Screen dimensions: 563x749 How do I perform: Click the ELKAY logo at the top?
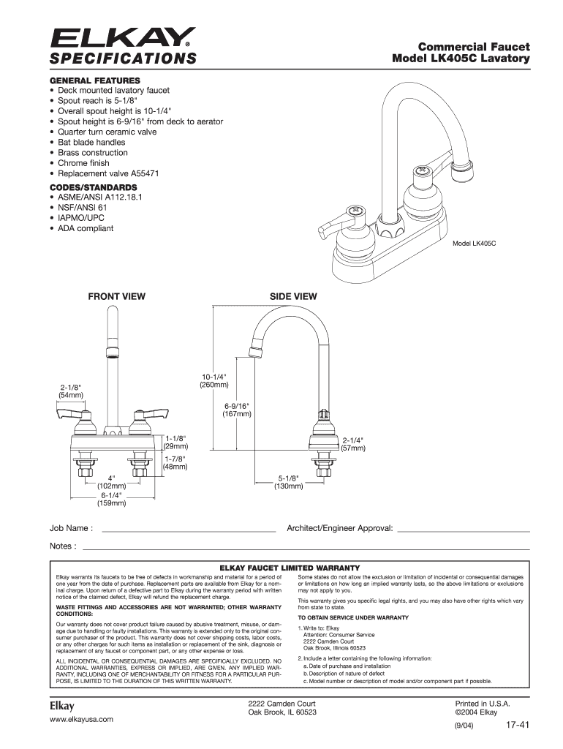click(123, 37)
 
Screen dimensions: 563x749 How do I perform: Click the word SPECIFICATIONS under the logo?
click(123, 59)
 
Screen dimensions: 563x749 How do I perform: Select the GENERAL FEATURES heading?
click(95, 80)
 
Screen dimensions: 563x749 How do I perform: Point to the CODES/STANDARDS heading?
click(93, 187)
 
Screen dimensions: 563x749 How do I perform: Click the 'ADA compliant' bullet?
click(82, 228)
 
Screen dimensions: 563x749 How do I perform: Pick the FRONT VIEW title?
click(116, 296)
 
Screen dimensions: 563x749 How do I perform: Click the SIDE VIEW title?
click(293, 296)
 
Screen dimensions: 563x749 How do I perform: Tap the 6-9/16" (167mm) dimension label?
click(236, 410)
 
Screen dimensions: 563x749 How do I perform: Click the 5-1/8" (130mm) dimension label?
click(288, 482)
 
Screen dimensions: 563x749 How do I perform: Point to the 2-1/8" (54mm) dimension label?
click(71, 391)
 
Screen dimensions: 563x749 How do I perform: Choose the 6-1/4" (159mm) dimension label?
click(112, 499)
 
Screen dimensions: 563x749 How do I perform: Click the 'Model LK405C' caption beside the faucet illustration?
click(475, 243)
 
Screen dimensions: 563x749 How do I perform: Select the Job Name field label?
click(71, 528)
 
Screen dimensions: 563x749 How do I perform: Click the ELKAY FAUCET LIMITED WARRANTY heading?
click(290, 568)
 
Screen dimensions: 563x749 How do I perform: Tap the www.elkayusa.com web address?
click(82, 720)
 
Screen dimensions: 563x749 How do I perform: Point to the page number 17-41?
click(517, 725)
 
